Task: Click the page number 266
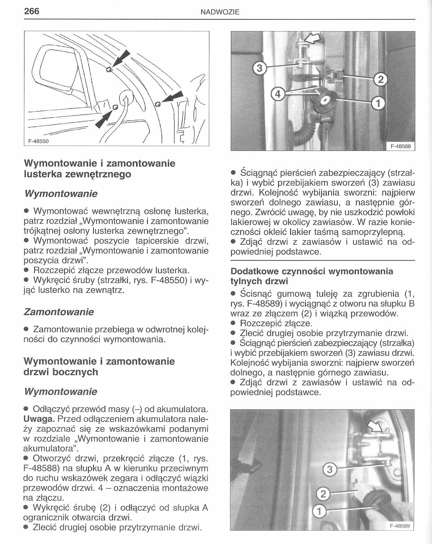pyautogui.click(x=32, y=11)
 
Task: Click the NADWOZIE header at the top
pyautogui.click(x=220, y=12)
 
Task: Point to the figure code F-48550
pyautogui.click(x=39, y=141)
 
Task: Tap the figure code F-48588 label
pyautogui.click(x=400, y=146)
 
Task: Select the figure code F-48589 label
pyautogui.click(x=400, y=526)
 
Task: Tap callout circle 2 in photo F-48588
pyautogui.click(x=380, y=79)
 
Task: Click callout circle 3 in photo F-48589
pyautogui.click(x=329, y=470)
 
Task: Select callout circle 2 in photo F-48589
pyautogui.click(x=323, y=494)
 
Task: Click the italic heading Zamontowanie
pyautogui.click(x=59, y=312)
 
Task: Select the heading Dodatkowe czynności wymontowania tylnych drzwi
pyautogui.click(x=312, y=276)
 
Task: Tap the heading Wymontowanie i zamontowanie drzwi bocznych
pyautogui.click(x=99, y=366)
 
